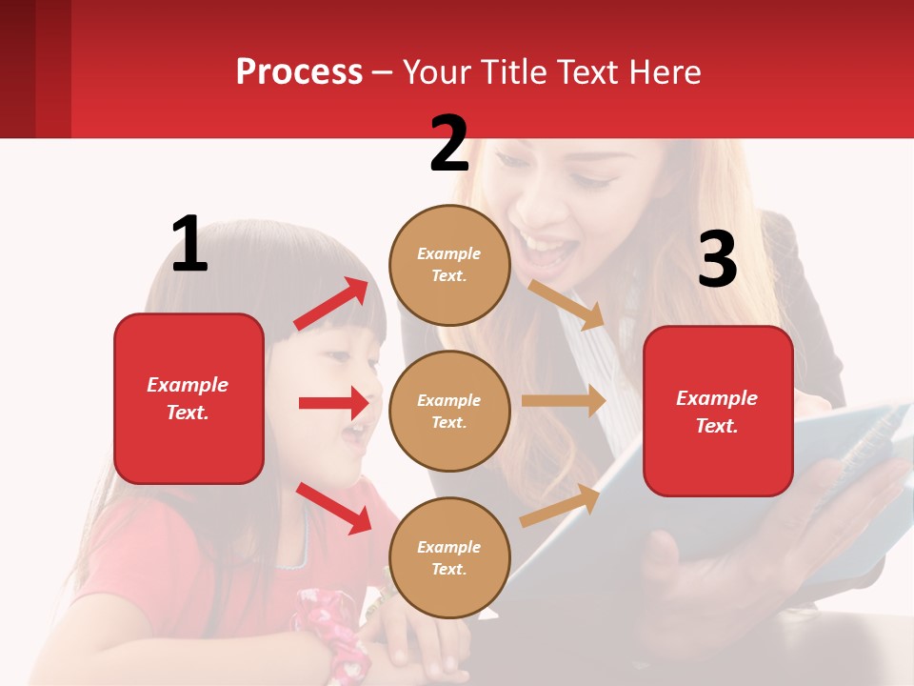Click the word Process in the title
point(299,71)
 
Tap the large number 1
point(189,244)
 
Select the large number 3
point(717,259)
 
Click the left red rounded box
point(189,398)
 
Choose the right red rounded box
point(718,411)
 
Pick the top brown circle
point(449,265)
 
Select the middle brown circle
point(449,411)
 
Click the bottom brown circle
point(449,557)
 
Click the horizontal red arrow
point(334,403)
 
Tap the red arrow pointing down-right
point(334,507)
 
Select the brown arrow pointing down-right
point(566,303)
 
